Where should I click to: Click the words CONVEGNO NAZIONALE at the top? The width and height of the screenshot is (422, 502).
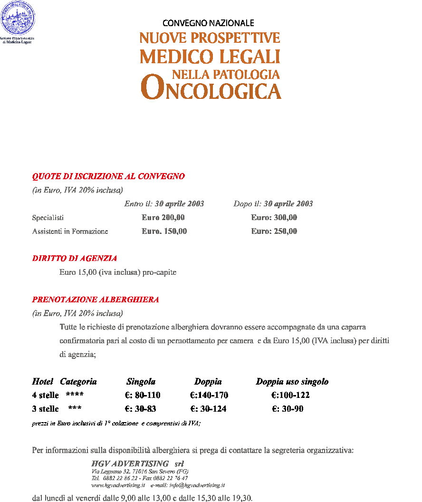pos(208,23)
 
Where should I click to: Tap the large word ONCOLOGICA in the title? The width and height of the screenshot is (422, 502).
pos(211,89)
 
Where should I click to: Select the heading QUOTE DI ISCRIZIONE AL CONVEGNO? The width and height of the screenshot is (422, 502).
pos(108,176)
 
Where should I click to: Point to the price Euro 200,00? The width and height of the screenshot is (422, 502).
pos(163,218)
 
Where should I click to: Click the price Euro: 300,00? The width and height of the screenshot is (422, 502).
pos(274,218)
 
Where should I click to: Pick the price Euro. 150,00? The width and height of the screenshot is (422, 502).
pos(164,232)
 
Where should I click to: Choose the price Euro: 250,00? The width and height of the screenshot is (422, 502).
pos(274,232)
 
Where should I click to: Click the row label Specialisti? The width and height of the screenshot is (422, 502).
pos(48,218)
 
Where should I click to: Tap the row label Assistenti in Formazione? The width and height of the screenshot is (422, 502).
pos(70,232)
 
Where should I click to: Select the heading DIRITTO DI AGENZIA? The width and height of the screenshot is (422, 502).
pos(75,259)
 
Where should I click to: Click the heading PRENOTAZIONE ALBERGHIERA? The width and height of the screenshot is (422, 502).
pos(96,300)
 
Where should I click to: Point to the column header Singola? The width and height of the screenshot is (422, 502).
pos(141,382)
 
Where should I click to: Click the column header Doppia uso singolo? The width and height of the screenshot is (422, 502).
pos(292,382)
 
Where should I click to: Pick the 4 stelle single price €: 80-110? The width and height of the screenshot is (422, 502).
pos(142,396)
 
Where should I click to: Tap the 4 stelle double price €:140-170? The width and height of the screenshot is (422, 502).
pos(209,396)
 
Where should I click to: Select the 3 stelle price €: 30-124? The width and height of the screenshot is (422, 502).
pos(208,409)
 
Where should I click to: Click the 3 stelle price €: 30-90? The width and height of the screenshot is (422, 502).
pos(288,409)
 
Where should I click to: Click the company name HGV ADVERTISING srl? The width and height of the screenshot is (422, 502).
pos(137,463)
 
